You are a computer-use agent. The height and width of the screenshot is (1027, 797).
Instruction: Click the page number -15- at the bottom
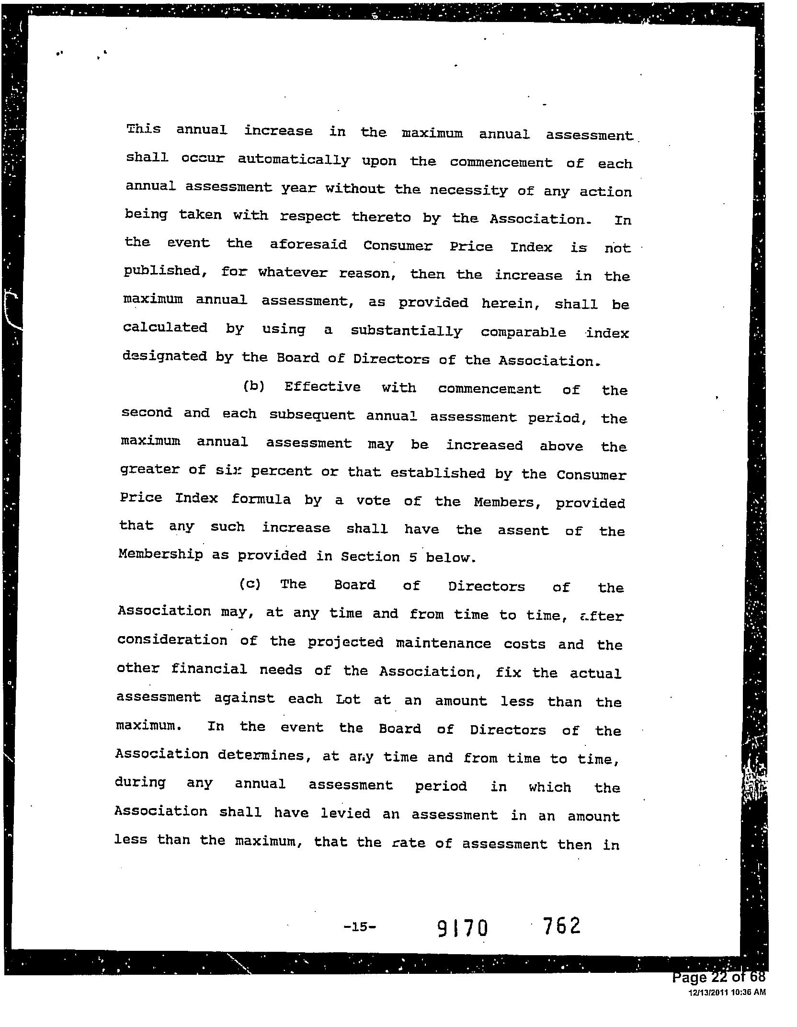[x=360, y=927]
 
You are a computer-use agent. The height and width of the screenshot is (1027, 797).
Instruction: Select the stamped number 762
[x=562, y=926]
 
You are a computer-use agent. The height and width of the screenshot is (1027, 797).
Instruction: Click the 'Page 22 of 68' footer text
[x=718, y=978]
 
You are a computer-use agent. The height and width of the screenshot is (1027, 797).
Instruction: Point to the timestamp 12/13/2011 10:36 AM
[x=727, y=993]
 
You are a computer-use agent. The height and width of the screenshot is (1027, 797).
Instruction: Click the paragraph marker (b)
[x=253, y=386]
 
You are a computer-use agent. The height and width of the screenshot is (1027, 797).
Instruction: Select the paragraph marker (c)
[x=250, y=584]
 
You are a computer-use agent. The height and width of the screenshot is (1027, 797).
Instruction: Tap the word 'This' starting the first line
[x=143, y=129]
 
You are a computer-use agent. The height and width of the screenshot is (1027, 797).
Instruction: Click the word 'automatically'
[x=294, y=160]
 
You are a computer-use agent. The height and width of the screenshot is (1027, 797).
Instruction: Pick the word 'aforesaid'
[x=308, y=245]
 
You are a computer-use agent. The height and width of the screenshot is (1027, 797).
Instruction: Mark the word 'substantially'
[x=406, y=331]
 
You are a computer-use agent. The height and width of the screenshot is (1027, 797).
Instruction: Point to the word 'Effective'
[x=322, y=387]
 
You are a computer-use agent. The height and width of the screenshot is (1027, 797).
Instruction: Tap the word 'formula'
[x=261, y=499]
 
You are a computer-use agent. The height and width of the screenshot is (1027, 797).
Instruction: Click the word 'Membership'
[x=160, y=555]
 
